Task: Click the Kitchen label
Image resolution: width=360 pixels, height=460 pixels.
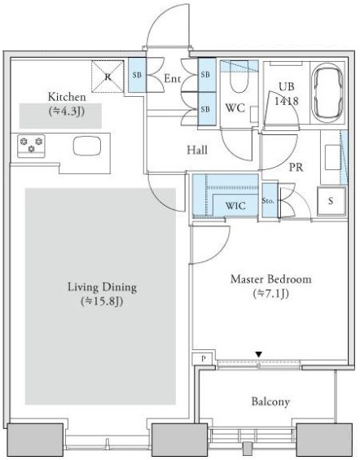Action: pyautogui.click(x=67, y=97)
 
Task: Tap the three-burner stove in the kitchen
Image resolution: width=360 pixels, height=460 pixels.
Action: pyautogui.click(x=31, y=146)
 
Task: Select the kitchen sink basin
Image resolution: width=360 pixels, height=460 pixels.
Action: pyautogui.click(x=87, y=146)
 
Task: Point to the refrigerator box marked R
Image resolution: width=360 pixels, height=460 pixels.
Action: pyautogui.click(x=108, y=77)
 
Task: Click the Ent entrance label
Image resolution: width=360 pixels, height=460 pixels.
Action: pyautogui.click(x=172, y=78)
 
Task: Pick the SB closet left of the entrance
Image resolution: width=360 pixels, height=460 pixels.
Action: pyautogui.click(x=137, y=75)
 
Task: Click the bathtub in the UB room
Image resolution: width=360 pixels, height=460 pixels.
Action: pyautogui.click(x=327, y=94)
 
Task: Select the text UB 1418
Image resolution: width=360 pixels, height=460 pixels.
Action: pyautogui.click(x=287, y=94)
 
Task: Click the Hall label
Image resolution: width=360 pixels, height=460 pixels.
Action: pyautogui.click(x=197, y=150)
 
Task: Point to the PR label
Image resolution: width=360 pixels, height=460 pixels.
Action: pyautogui.click(x=296, y=167)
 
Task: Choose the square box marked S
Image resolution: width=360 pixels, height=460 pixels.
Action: pyautogui.click(x=331, y=201)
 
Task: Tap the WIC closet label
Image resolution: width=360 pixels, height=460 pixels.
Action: pyautogui.click(x=235, y=205)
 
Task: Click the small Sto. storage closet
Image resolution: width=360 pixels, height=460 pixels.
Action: pyautogui.click(x=270, y=200)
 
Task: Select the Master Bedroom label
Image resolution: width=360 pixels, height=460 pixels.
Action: pyautogui.click(x=270, y=278)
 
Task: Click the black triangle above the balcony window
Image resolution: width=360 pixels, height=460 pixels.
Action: pyautogui.click(x=258, y=355)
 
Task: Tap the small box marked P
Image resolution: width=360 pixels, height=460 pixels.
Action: pyautogui.click(x=204, y=358)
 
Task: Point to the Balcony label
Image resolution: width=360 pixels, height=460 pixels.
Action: pyautogui.click(x=270, y=401)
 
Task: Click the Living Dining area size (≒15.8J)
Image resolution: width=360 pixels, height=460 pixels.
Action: pyautogui.click(x=102, y=301)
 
